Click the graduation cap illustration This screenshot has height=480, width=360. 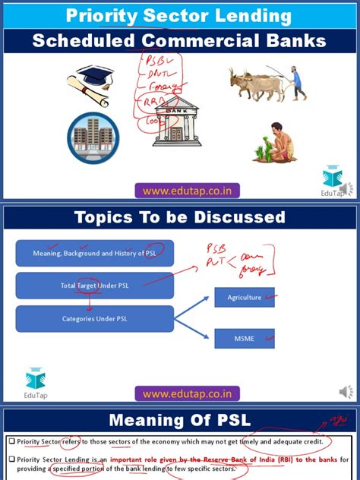[x=90, y=84]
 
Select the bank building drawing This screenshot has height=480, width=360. [x=177, y=122]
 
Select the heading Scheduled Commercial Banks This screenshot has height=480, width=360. [x=179, y=41]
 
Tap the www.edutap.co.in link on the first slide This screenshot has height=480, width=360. [x=188, y=190]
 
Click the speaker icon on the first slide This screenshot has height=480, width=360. [x=346, y=189]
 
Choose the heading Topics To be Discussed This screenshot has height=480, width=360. [x=179, y=218]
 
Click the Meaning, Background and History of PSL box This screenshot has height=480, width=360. [x=95, y=254]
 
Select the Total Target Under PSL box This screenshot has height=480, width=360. [x=95, y=286]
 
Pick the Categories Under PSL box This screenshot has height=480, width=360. [x=95, y=319]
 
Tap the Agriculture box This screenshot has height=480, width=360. [x=245, y=297]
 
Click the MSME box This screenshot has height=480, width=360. [x=245, y=338]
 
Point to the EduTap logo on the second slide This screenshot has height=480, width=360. [x=36, y=382]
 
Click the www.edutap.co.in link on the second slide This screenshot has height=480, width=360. [x=188, y=393]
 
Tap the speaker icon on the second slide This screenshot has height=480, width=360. [x=346, y=392]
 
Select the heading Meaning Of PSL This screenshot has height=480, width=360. [x=179, y=420]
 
